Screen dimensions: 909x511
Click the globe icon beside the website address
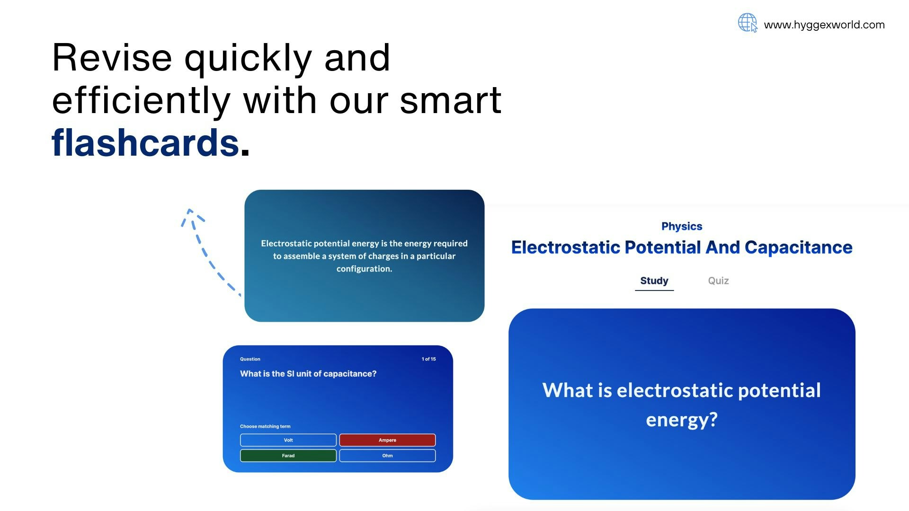[748, 23]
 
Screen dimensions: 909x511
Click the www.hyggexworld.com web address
[824, 25]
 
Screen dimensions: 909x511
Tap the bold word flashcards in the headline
[145, 143]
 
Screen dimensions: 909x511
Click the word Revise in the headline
[112, 58]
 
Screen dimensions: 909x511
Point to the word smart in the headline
[451, 100]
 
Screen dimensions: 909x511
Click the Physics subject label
[682, 227]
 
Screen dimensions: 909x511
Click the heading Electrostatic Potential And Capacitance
[682, 247]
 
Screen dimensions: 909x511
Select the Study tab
[654, 281]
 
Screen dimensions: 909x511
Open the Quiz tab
[718, 281]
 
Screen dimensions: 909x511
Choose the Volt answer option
[288, 440]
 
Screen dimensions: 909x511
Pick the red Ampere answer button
[387, 440]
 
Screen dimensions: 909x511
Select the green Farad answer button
[288, 456]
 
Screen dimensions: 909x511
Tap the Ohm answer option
[387, 456]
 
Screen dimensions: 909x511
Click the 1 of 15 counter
[429, 359]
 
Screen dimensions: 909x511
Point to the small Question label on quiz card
[250, 359]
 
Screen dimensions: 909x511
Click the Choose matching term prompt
[265, 426]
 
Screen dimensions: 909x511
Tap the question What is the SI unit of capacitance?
[308, 374]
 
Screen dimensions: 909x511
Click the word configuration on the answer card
[364, 269]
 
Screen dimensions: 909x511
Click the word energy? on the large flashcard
[682, 420]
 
